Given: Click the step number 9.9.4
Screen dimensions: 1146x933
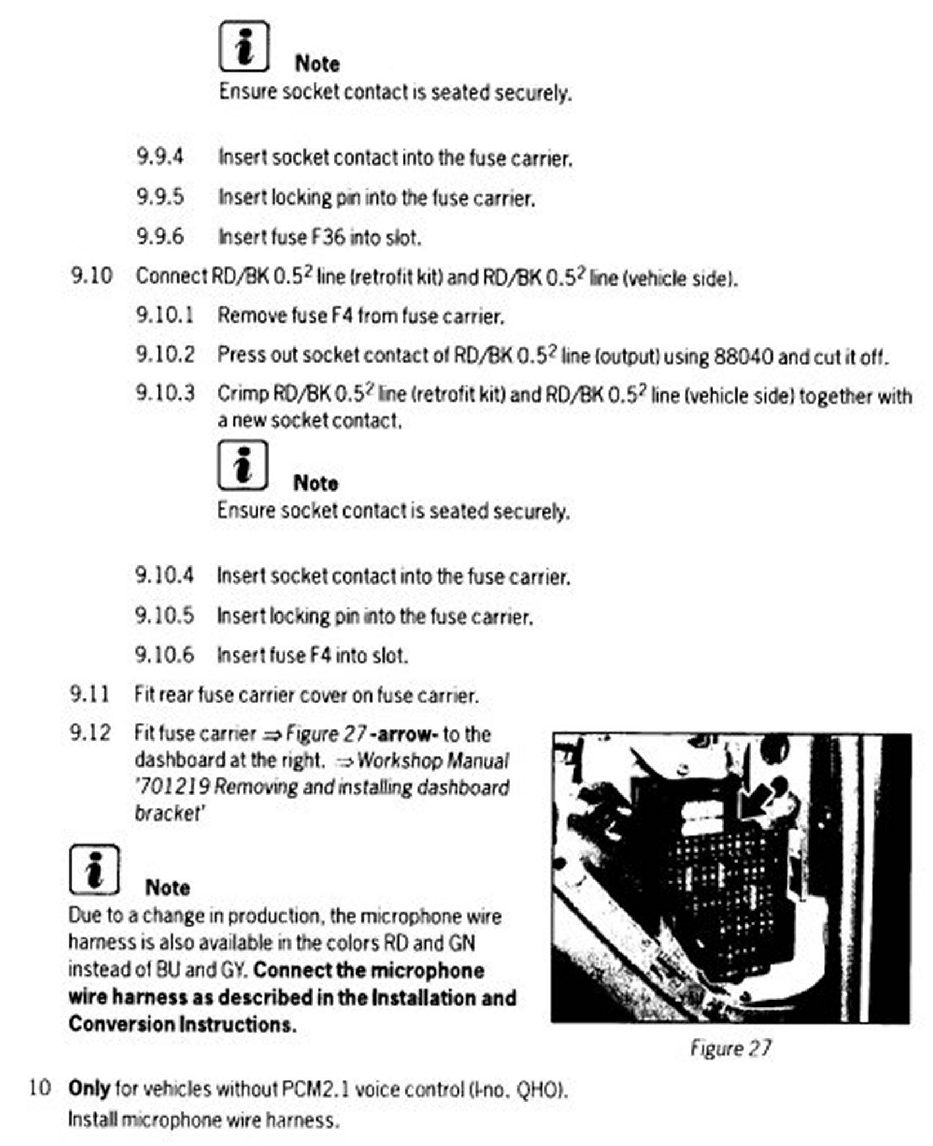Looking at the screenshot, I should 159,157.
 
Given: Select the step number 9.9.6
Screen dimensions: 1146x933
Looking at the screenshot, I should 159,236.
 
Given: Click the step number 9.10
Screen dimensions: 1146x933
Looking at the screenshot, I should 91,276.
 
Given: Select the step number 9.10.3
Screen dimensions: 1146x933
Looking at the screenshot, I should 165,393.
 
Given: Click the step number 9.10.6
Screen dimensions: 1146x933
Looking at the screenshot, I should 164,655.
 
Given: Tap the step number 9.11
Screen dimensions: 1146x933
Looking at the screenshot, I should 90,694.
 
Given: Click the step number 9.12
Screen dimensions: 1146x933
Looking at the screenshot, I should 90,733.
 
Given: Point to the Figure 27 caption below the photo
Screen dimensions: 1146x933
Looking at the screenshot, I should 730,1048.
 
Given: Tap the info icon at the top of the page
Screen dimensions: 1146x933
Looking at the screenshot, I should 243,46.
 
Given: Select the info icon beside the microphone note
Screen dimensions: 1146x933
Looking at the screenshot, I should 94,870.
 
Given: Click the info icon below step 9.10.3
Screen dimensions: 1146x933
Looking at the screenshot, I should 242,465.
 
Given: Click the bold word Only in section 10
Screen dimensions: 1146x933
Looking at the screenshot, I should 88,1089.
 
